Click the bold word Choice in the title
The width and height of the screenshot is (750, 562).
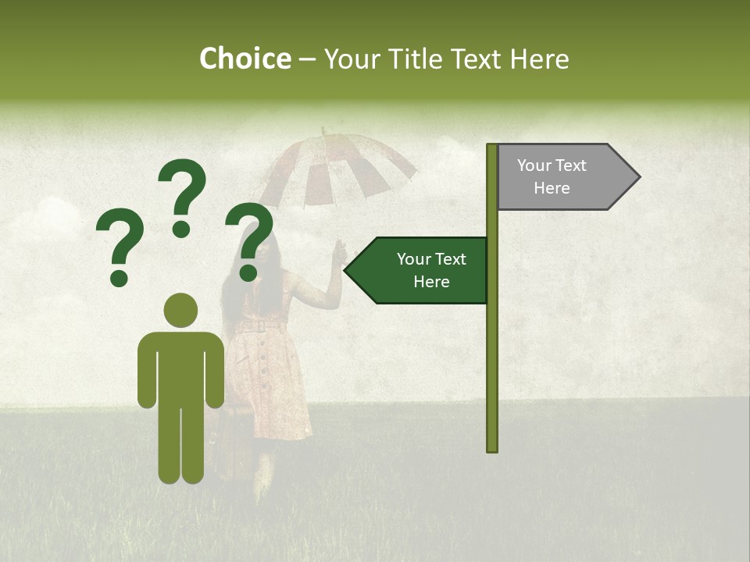tap(245, 59)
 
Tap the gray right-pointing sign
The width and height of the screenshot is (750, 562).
tap(562, 177)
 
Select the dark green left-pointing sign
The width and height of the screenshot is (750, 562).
tap(422, 270)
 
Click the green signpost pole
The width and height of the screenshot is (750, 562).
tap(492, 351)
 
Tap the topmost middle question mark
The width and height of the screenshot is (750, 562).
tap(182, 195)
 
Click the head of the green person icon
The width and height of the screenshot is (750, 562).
tap(181, 310)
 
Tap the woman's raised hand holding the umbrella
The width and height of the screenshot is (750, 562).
tap(338, 251)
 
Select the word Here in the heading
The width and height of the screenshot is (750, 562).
tap(539, 59)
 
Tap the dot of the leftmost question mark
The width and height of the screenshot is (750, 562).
tap(119, 278)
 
